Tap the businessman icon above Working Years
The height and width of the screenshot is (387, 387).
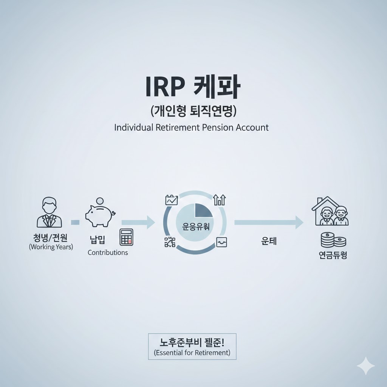[49, 212]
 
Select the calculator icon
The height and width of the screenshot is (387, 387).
[126, 237]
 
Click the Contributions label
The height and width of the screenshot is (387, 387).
[108, 252]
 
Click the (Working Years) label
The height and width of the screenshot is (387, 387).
[51, 247]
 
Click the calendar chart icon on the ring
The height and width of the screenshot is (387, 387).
[172, 200]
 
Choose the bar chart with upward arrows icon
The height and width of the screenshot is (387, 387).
[219, 200]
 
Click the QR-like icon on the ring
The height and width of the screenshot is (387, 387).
[170, 242]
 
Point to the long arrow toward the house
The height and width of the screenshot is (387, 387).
[268, 223]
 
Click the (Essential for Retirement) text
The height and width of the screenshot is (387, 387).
[192, 353]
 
